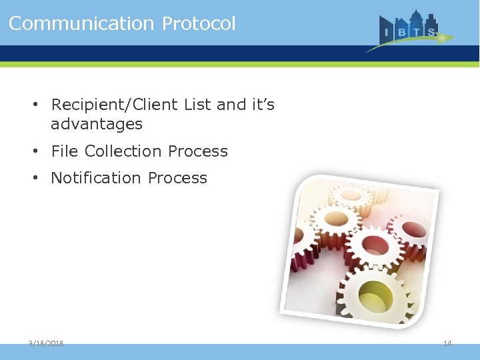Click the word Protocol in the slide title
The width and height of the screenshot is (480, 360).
point(199,23)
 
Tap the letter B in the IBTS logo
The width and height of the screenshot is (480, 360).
point(401,31)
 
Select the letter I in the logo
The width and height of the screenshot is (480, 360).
point(387,31)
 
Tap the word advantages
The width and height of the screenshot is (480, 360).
point(97,124)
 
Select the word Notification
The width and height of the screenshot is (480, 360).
point(97,178)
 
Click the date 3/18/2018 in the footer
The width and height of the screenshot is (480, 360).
point(46,343)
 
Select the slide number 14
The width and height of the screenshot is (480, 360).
point(447,343)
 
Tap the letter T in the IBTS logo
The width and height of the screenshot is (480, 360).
point(417,31)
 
